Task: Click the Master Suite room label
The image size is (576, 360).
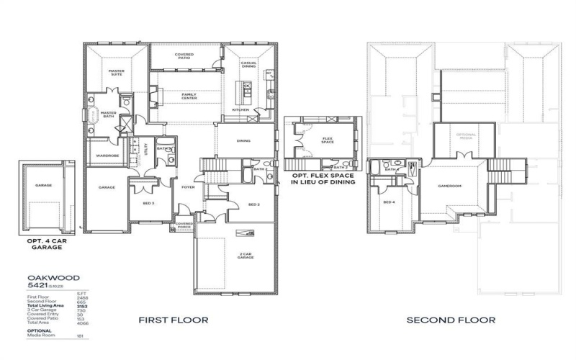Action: (x=116, y=73)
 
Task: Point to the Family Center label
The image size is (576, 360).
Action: (x=189, y=96)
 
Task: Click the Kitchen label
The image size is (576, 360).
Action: (x=240, y=110)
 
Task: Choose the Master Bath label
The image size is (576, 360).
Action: (x=108, y=114)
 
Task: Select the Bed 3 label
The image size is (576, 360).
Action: (x=148, y=204)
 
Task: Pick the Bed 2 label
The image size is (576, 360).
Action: (x=253, y=204)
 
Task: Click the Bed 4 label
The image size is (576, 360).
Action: (x=389, y=203)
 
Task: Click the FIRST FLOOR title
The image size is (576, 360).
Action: (x=174, y=320)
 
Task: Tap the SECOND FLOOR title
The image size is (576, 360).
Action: (x=451, y=320)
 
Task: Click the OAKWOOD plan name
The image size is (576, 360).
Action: (x=43, y=276)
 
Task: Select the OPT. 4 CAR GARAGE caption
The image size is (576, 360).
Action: (x=43, y=243)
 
